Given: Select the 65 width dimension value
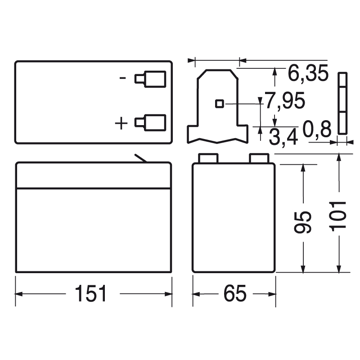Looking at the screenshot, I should (x=234, y=294).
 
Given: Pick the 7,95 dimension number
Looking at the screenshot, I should (x=285, y=101).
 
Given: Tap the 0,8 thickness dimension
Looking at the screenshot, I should (x=317, y=129).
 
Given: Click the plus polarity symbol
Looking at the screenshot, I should (x=122, y=122).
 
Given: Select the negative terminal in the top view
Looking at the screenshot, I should (x=150, y=79).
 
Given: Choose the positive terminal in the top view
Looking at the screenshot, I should (x=150, y=122).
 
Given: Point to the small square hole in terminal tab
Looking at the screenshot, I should (x=219, y=103).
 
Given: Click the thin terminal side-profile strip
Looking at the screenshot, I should (x=342, y=103).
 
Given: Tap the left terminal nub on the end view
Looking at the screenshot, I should (x=208, y=157).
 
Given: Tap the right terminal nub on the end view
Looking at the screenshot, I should (x=259, y=157).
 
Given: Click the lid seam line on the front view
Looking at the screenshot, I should (x=94, y=188).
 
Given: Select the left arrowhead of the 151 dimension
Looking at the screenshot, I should (x=19, y=294).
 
